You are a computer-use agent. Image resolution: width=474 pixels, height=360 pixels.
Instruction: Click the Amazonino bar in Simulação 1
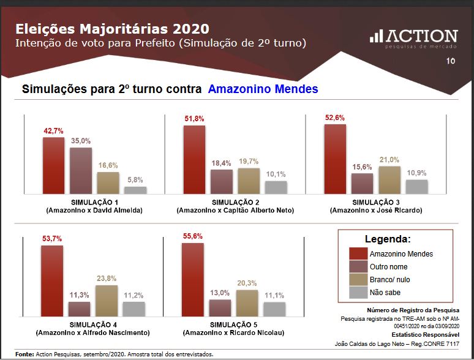click(53, 165)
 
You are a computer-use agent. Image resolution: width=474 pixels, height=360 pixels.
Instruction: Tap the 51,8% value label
click(194, 119)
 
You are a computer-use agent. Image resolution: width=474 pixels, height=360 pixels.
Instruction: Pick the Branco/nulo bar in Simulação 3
click(389, 180)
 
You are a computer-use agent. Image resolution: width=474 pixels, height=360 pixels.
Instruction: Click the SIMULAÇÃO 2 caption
click(235, 202)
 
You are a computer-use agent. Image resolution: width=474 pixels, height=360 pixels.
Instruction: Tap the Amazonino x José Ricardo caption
click(375, 210)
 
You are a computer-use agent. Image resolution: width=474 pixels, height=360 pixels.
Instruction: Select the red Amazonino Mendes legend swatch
click(358, 253)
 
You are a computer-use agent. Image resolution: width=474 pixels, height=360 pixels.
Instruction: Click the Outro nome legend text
click(388, 267)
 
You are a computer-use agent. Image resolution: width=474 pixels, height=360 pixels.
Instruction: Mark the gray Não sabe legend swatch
click(358, 293)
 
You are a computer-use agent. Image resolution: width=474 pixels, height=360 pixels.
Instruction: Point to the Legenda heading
click(388, 239)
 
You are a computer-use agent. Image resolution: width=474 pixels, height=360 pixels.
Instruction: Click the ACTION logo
click(413, 37)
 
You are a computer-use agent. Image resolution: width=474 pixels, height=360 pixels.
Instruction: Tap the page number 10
click(451, 61)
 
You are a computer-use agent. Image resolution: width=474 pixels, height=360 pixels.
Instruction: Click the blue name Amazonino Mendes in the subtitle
click(263, 89)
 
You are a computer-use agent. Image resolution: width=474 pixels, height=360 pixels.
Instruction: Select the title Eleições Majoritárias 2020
click(111, 29)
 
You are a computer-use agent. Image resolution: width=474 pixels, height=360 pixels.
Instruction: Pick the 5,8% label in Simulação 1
click(135, 180)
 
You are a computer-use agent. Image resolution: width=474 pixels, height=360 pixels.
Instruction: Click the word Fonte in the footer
click(24, 354)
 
